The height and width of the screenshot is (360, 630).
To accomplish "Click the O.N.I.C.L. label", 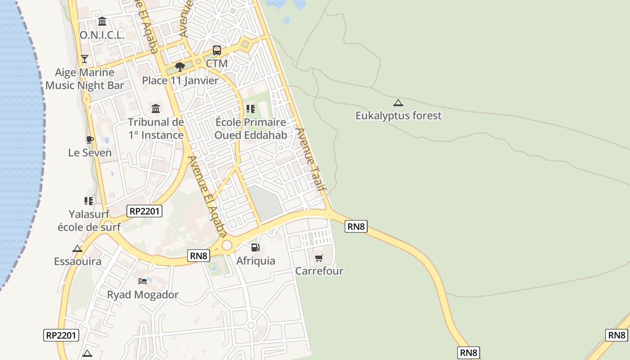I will point(102,35).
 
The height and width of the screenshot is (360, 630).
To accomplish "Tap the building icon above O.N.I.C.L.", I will point(102,22).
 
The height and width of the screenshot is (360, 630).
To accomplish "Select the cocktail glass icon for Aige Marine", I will point(84,58).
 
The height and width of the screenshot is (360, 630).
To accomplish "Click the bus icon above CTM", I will point(217,50).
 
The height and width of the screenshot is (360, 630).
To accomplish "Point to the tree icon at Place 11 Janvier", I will point(180,67).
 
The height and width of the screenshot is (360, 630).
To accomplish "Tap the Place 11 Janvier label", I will point(180,81).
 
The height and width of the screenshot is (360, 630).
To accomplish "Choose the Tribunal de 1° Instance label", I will point(156,129).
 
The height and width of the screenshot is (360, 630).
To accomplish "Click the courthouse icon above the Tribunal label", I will point(156,108).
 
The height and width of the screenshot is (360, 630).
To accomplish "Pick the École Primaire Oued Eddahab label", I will point(251,129).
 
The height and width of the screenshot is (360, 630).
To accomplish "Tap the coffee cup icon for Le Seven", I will point(90,139).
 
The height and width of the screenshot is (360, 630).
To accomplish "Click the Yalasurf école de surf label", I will point(89,220).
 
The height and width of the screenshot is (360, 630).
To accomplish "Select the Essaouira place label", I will point(78,261).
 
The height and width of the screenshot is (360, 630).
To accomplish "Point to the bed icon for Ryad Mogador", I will point(143,281).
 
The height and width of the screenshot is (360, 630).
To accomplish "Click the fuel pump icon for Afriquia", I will point(255,247).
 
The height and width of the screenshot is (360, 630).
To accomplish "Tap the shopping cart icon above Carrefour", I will point(319,258).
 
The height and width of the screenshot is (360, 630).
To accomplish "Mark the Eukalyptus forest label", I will point(399,116).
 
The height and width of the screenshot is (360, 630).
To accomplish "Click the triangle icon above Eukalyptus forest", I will point(398,103).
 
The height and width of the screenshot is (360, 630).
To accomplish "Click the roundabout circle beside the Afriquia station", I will point(227,245).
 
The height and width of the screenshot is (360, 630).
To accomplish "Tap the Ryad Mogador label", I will point(143,295).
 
